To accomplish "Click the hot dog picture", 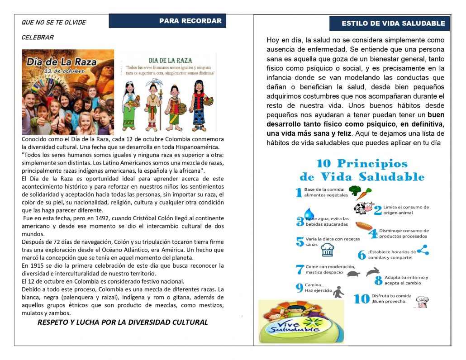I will coord(364,225).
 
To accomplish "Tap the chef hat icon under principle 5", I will coord(327,249).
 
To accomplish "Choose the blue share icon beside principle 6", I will coord(423,250).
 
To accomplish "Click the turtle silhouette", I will coord(353,273).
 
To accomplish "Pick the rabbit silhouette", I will coord(373,271).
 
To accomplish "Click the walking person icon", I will coord(338,293).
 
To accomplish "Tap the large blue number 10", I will coord(361,299).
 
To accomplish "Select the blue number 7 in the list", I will coord(300,270).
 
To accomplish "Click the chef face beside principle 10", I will coord(422,302).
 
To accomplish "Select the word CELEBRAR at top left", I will coord(38,38).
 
